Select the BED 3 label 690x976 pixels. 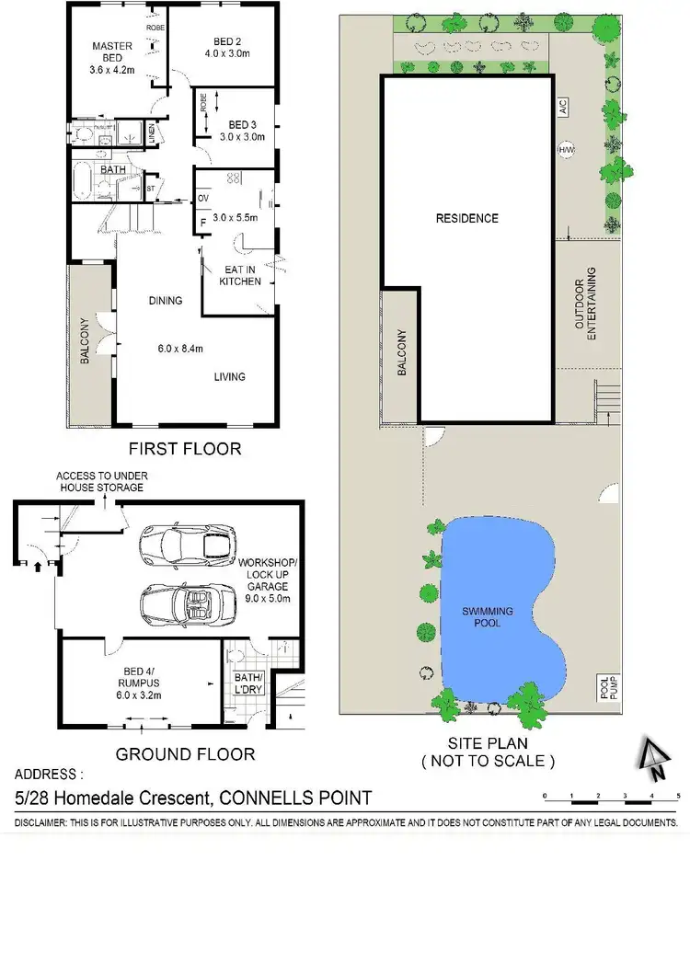[241, 125]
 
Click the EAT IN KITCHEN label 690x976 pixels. [240, 275]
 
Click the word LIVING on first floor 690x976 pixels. [230, 376]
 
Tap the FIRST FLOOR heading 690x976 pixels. [185, 449]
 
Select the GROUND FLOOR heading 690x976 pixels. [184, 754]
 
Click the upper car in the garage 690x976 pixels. [186, 547]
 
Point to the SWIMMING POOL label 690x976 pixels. [488, 616]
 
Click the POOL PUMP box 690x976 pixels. [604, 689]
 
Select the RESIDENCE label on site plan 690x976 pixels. [466, 218]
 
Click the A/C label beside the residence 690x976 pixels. [562, 109]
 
